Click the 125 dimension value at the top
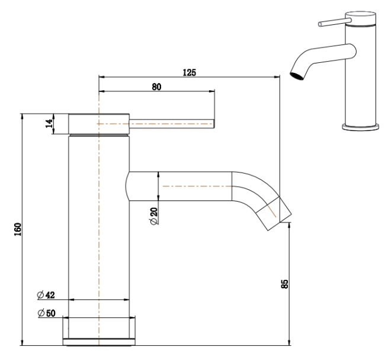(x=189, y=72)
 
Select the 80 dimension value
(x=156, y=87)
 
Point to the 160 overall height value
(x=17, y=229)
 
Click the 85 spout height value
(x=284, y=284)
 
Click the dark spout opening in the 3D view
(x=294, y=75)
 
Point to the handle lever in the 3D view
(x=332, y=24)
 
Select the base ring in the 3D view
(x=361, y=126)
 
